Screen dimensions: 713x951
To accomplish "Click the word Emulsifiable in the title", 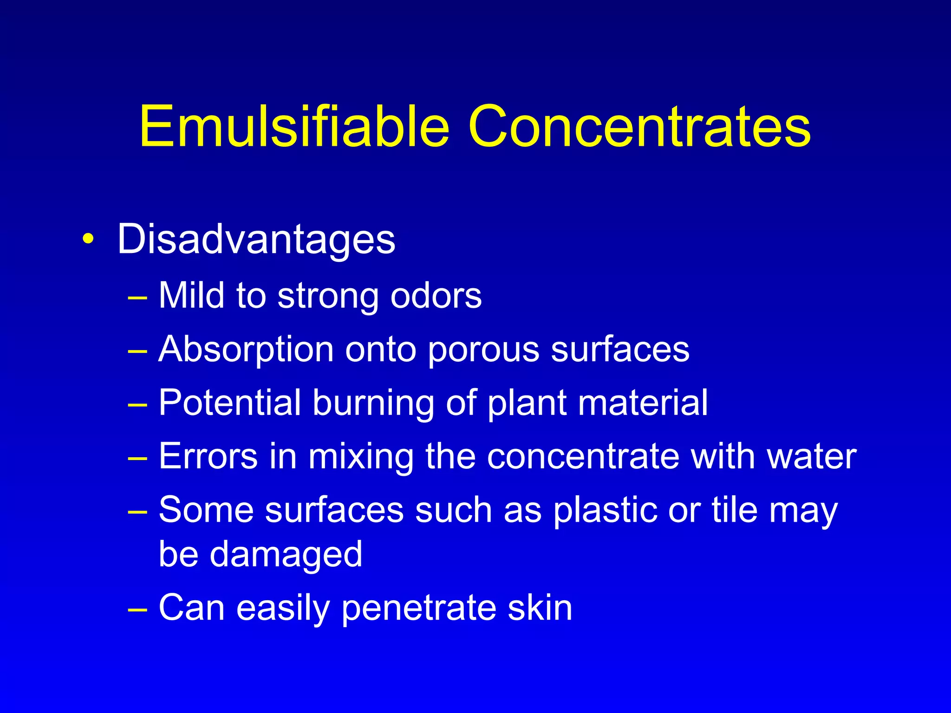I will pyautogui.click(x=294, y=126).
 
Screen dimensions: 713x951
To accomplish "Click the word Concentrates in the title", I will pyautogui.click(x=639, y=126).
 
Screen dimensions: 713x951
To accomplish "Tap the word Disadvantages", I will pyautogui.click(x=256, y=240).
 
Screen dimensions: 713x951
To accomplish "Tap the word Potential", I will pyautogui.click(x=230, y=402).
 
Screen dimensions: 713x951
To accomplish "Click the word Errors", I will pyautogui.click(x=208, y=456).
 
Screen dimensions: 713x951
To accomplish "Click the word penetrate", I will pyautogui.click(x=419, y=609).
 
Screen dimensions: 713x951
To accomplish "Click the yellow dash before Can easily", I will pyautogui.click(x=137, y=609).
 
